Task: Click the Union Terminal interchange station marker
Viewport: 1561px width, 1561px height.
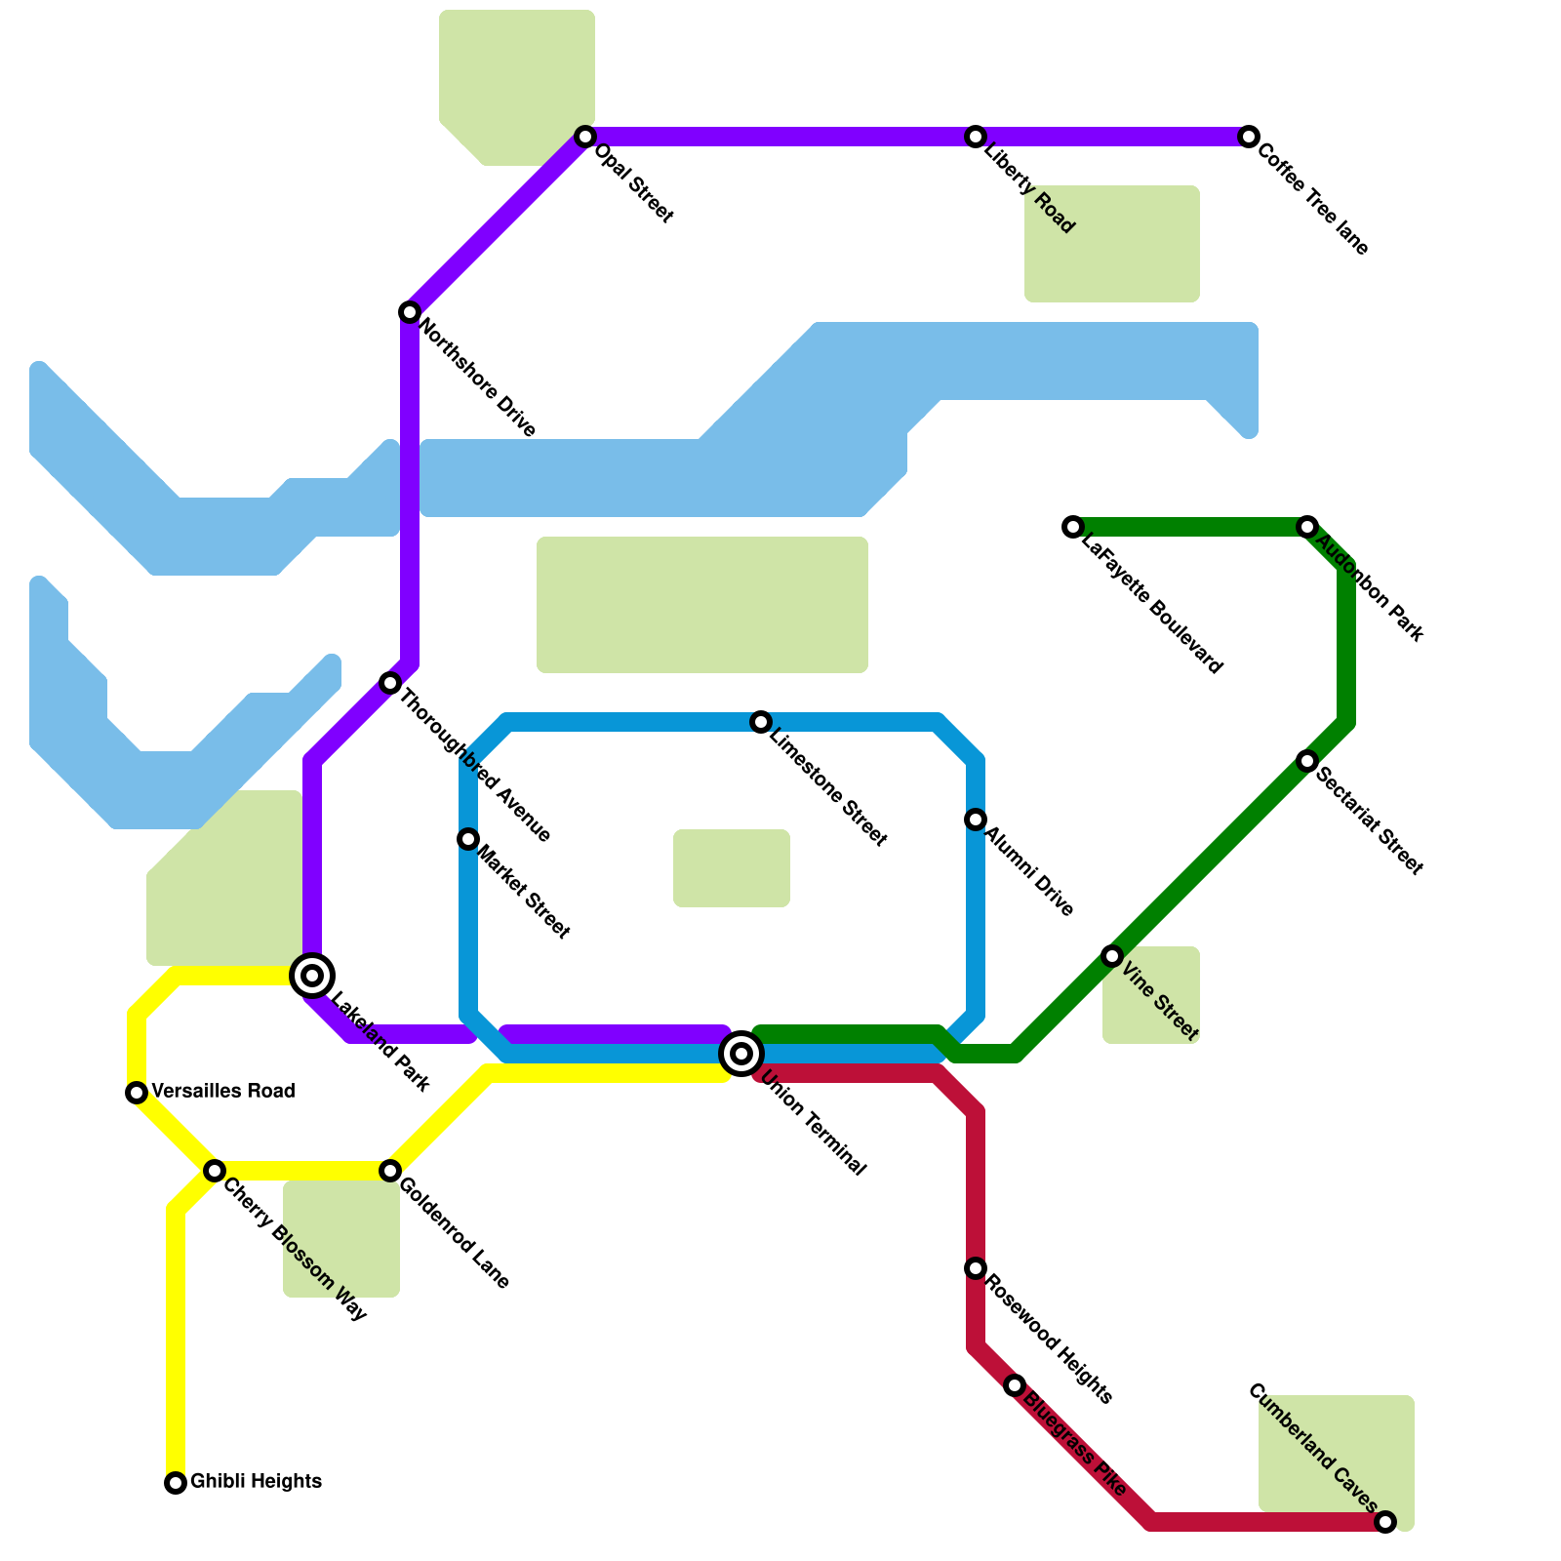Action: pyautogui.click(x=741, y=1054)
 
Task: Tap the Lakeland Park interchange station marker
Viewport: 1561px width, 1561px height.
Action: pyautogui.click(x=312, y=975)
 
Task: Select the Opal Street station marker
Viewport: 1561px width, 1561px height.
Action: pyautogui.click(x=585, y=137)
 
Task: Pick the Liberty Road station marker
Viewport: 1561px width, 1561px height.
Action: pyautogui.click(x=976, y=137)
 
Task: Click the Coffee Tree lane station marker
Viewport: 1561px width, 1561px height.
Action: pyautogui.click(x=1249, y=137)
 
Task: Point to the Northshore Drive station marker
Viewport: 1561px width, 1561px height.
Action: pyautogui.click(x=410, y=312)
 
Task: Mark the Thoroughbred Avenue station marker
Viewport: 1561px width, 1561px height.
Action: pyautogui.click(x=390, y=683)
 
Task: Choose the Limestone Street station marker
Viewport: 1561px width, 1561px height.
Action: pyautogui.click(x=761, y=722)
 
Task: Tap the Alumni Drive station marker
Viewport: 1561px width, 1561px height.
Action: pyautogui.click(x=976, y=820)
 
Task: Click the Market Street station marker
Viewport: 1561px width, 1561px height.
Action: pyautogui.click(x=468, y=839)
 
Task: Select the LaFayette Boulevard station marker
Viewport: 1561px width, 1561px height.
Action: pyautogui.click(x=1073, y=527)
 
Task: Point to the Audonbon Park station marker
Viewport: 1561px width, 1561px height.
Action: pyautogui.click(x=1307, y=527)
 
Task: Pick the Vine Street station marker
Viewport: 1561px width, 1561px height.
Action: pyautogui.click(x=1112, y=956)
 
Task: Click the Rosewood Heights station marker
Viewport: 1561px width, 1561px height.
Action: pyautogui.click(x=976, y=1268)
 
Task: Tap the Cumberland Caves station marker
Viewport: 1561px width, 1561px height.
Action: pyautogui.click(x=1385, y=1522)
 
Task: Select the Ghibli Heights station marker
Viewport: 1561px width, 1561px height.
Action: pyautogui.click(x=176, y=1483)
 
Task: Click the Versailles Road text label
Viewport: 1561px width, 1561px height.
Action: pyautogui.click(x=223, y=1091)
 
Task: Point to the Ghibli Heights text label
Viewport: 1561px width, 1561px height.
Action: pyautogui.click(x=256, y=1481)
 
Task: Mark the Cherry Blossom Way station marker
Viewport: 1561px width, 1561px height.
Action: pyautogui.click(x=215, y=1171)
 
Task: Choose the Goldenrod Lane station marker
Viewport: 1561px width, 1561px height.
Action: pyautogui.click(x=390, y=1171)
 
